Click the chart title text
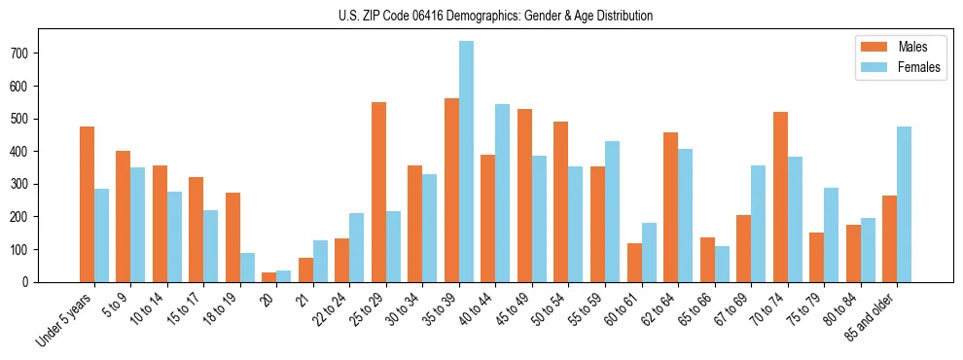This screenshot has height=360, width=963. [x=481, y=16]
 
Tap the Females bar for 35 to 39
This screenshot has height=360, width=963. [x=467, y=162]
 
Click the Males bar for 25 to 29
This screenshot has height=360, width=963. [x=378, y=192]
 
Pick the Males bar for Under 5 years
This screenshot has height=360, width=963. [x=87, y=204]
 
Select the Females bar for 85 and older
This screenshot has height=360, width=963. [x=905, y=204]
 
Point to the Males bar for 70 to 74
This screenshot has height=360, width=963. [x=780, y=197]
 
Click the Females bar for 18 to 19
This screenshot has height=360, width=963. [x=248, y=268]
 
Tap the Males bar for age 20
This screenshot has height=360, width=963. [x=269, y=277]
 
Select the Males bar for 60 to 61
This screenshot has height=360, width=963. [x=634, y=263]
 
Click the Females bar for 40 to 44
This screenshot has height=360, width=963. [x=503, y=193]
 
